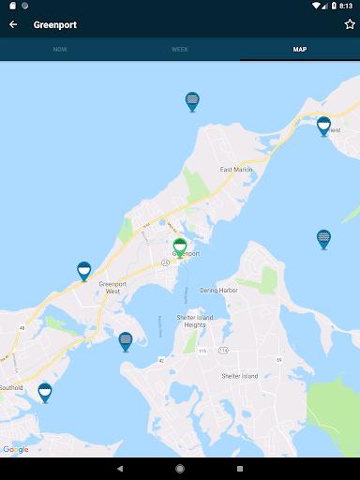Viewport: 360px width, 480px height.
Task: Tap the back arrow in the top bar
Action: click(x=13, y=24)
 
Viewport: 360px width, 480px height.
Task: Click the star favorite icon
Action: click(x=350, y=24)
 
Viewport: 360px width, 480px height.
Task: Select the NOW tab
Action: click(x=60, y=49)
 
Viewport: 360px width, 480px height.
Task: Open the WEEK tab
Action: click(x=180, y=49)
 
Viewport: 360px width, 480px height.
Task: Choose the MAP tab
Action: click(x=300, y=49)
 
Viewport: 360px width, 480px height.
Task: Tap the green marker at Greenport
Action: click(x=180, y=247)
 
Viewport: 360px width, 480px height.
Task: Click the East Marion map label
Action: click(x=237, y=170)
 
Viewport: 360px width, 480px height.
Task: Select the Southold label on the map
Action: click(x=11, y=387)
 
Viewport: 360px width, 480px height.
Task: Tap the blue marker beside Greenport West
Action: click(x=83, y=271)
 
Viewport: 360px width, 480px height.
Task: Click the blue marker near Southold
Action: click(x=44, y=392)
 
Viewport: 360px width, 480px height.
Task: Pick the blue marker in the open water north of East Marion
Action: click(x=192, y=101)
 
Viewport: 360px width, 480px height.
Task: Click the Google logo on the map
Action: click(x=16, y=449)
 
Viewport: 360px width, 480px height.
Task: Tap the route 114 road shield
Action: click(x=223, y=350)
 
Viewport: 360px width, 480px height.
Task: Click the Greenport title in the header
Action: click(x=55, y=24)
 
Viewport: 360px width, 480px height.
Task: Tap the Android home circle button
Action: click(x=180, y=468)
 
